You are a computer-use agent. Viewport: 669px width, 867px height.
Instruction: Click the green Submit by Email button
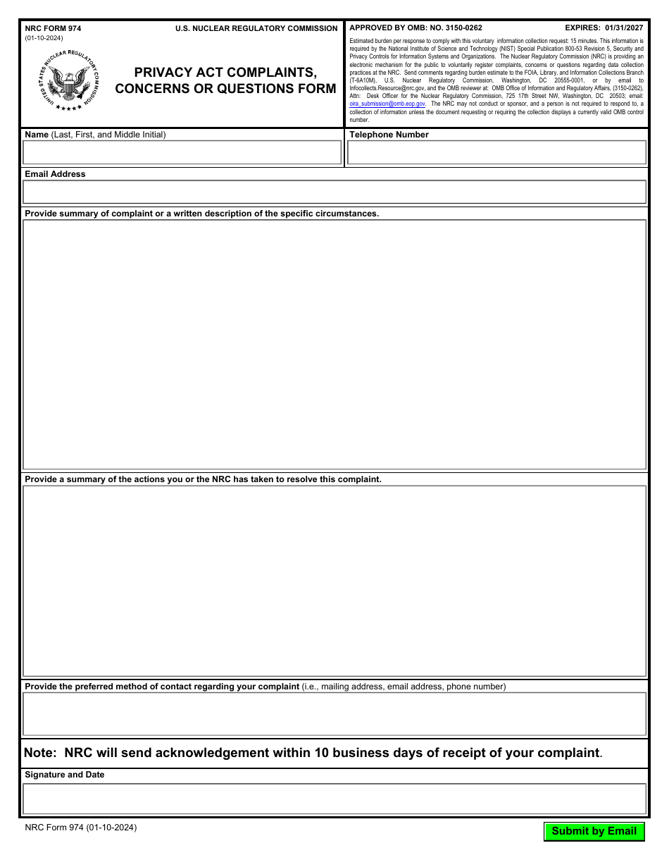[x=594, y=831]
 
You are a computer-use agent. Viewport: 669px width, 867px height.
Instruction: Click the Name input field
[x=182, y=152]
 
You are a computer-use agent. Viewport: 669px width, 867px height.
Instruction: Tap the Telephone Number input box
[x=496, y=152]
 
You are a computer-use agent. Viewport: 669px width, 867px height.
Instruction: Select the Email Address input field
[x=334, y=192]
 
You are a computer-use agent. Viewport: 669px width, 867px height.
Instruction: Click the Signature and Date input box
[x=334, y=799]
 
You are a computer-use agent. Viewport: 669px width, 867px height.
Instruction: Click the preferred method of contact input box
[x=334, y=714]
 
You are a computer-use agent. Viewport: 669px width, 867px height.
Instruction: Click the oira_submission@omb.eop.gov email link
[x=387, y=104]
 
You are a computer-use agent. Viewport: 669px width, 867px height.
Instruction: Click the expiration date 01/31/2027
[x=619, y=28]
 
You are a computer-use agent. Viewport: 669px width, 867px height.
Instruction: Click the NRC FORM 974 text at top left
[x=53, y=28]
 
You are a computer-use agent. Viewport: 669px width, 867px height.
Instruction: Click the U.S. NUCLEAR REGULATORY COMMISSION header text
[x=256, y=28]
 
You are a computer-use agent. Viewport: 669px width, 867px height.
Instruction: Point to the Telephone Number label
[x=389, y=135]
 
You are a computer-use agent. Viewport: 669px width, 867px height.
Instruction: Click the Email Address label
[x=55, y=174]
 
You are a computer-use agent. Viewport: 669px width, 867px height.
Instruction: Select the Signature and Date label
[x=64, y=775]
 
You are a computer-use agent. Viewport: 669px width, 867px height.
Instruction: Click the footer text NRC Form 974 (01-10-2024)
[x=80, y=828]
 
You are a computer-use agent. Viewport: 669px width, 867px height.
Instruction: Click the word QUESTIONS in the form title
[x=257, y=89]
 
